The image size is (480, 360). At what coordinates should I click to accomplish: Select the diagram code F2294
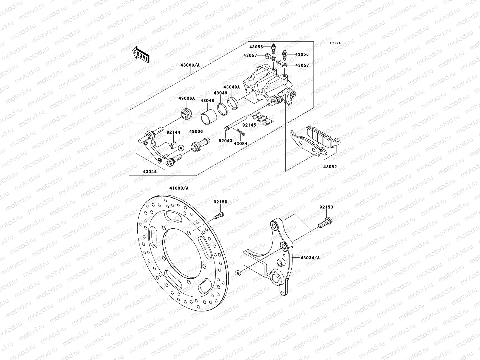(x=336, y=43)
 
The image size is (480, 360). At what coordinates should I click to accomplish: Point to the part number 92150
(x=220, y=202)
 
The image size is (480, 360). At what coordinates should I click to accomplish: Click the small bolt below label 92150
(x=219, y=215)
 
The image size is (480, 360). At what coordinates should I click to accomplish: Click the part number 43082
(x=330, y=166)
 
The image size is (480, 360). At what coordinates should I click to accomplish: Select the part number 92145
(x=249, y=125)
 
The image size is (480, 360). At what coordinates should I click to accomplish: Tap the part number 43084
(x=240, y=144)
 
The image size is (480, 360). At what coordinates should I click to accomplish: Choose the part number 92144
(x=171, y=132)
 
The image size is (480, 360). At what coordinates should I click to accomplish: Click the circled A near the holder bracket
(x=181, y=148)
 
